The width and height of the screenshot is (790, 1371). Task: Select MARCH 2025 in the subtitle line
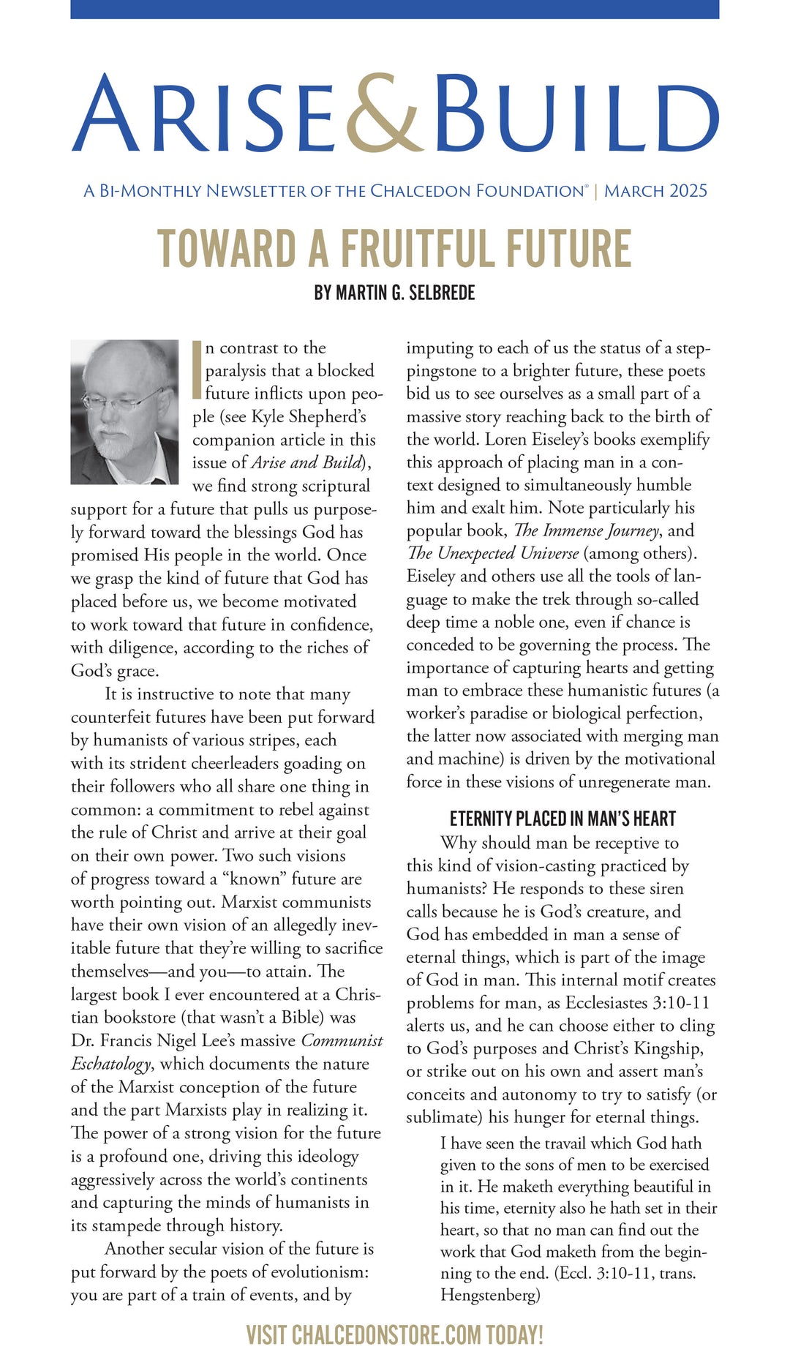point(655,191)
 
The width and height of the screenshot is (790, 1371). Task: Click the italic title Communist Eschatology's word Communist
point(342,1040)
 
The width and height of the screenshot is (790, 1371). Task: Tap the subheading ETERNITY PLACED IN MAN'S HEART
point(563,819)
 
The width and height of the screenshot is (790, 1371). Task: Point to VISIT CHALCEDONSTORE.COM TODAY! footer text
point(395,1335)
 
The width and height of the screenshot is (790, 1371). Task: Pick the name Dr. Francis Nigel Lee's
point(183,1040)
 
